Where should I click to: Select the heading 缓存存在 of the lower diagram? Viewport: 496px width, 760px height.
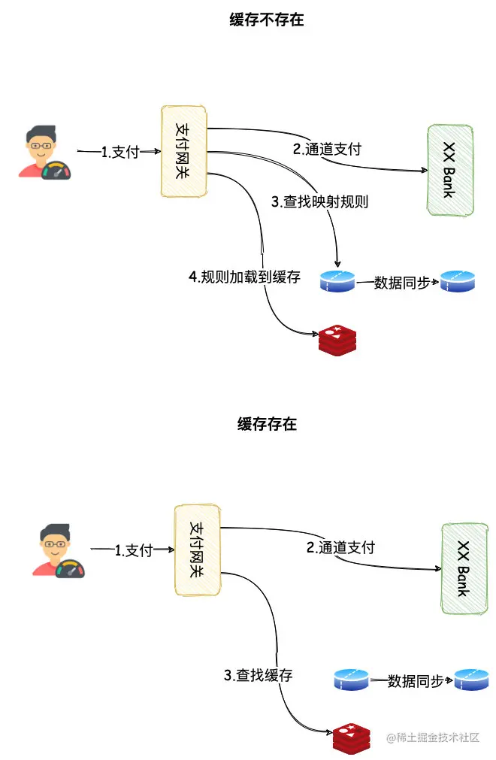point(267,424)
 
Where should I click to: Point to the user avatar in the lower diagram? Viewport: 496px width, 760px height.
point(58,551)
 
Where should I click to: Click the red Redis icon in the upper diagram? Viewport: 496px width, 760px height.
point(337,341)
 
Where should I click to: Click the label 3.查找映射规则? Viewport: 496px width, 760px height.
point(319,201)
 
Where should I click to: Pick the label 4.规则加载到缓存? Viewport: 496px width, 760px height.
point(244,277)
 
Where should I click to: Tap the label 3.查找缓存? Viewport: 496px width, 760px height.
point(258,675)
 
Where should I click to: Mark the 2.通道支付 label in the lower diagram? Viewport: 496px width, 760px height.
point(340,547)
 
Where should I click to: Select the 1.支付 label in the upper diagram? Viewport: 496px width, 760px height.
point(120,152)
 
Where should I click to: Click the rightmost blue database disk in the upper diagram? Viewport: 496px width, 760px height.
point(458,281)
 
